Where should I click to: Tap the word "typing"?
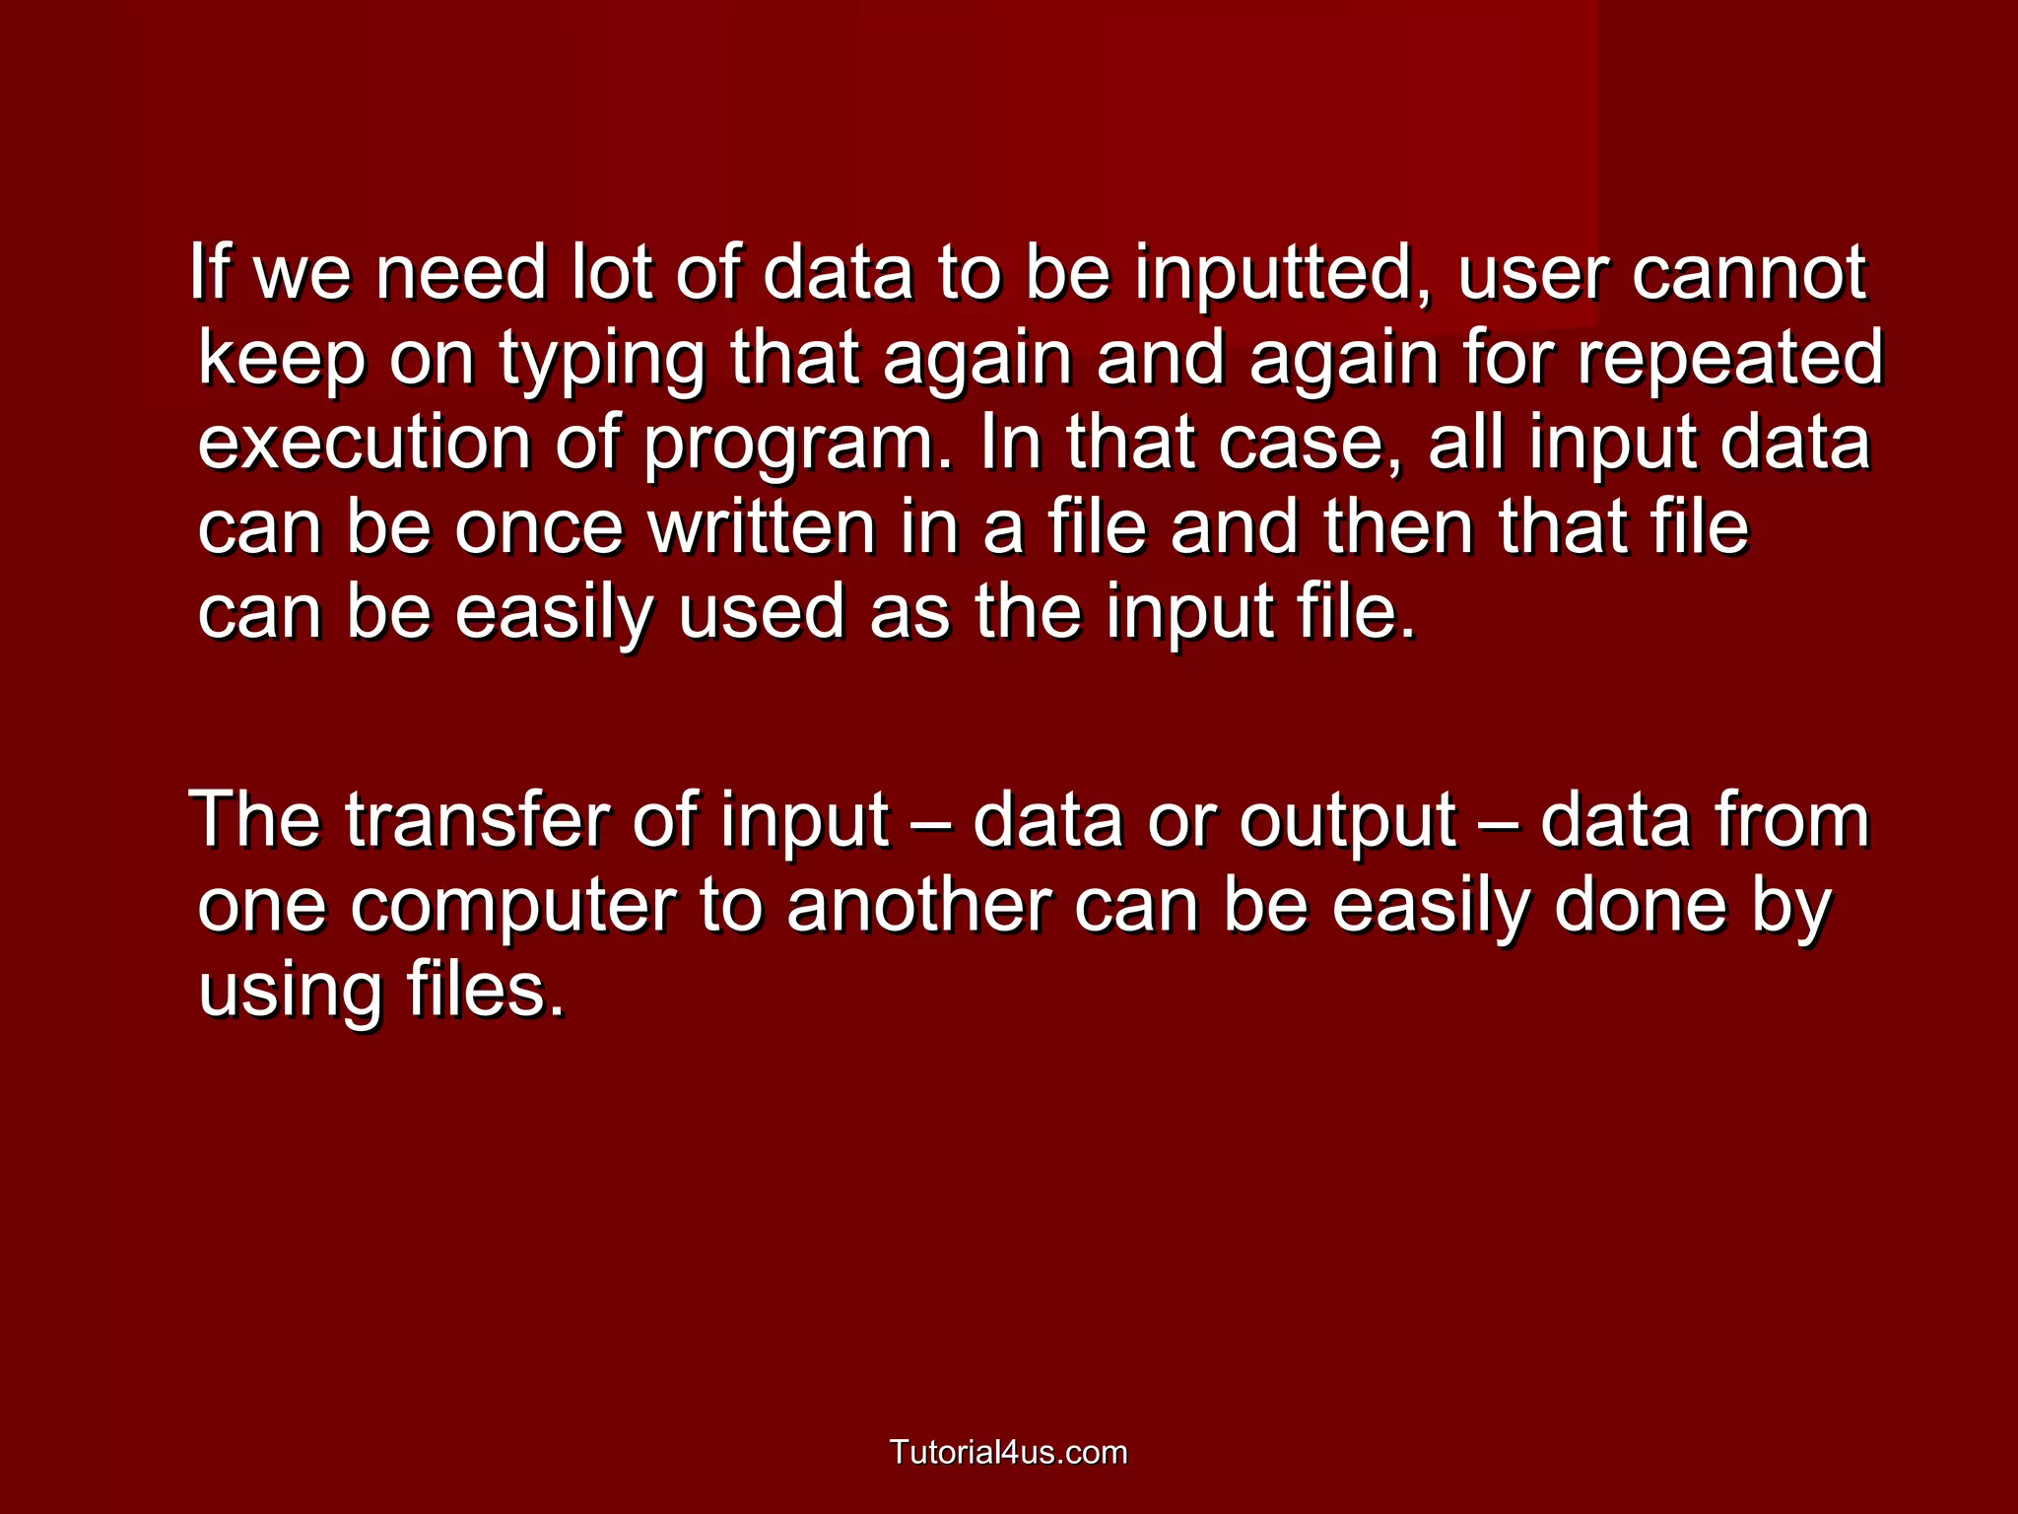602,359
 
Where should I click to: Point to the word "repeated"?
1730,359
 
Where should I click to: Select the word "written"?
762,527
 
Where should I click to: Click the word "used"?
762,612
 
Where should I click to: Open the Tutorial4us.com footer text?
1008,1452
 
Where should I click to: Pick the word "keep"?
282,359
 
